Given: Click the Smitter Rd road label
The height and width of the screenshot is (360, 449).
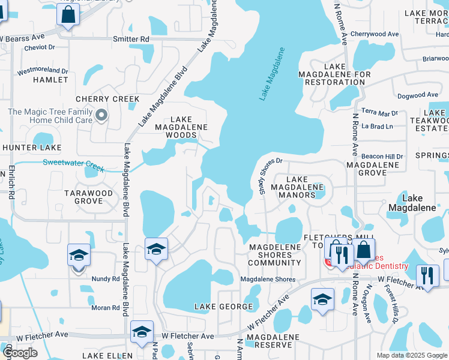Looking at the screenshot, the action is [x=131, y=39].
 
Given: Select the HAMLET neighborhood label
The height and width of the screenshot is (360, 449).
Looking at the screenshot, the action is [x=51, y=79].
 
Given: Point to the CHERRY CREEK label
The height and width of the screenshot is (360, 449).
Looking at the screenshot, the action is [x=107, y=99].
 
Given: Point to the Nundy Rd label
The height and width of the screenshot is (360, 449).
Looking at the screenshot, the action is [x=106, y=278].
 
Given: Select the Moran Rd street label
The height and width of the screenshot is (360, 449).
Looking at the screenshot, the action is [x=106, y=308].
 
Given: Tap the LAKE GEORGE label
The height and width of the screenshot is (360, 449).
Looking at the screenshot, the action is [x=223, y=307].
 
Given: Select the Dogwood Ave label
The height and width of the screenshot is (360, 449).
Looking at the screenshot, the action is [x=417, y=95].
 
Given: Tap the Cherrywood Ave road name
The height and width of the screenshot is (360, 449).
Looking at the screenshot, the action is [x=375, y=34].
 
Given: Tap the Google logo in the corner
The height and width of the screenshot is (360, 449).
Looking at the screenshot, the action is [x=20, y=353].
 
